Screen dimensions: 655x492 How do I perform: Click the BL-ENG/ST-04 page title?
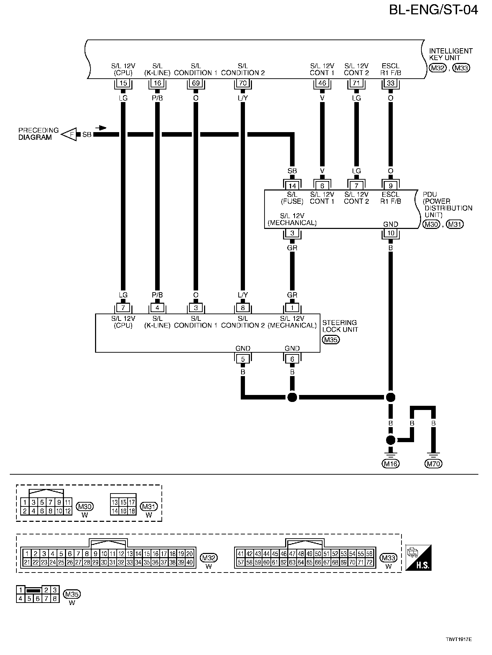point(433,10)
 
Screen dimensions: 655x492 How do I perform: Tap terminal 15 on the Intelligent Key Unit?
point(123,83)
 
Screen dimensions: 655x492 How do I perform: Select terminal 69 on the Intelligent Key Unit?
point(196,83)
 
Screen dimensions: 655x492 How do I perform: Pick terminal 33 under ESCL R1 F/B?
point(390,83)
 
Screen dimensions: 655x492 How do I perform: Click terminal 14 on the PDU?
point(292,186)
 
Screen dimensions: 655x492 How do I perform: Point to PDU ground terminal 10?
point(390,233)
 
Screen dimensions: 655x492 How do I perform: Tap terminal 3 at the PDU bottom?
point(292,233)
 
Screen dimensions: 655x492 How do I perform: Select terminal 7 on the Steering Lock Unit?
point(123,308)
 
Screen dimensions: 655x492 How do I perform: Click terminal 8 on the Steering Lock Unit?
point(243,308)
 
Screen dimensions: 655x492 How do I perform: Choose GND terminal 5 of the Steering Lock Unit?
point(243,359)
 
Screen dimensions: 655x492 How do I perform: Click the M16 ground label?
point(390,464)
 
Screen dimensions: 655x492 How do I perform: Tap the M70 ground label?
point(433,464)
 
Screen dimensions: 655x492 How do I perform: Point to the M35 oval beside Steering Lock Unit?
point(330,339)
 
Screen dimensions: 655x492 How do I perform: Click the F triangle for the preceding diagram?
point(70,134)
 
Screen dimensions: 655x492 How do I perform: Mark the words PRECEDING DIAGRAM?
point(38,134)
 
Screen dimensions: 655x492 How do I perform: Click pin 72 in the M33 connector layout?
point(369,562)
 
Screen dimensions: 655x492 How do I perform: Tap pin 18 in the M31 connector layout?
point(132,511)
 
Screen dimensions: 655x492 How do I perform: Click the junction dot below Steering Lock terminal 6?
point(292,397)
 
